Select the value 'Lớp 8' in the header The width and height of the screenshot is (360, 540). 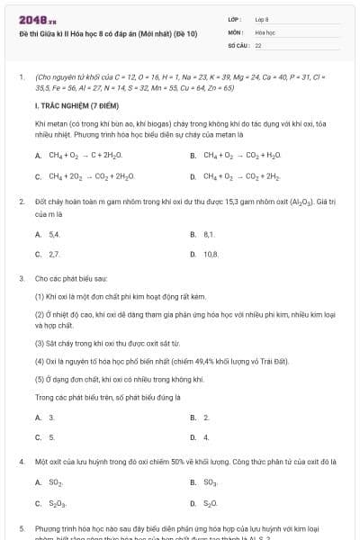click(262, 18)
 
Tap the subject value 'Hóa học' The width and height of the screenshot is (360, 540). click(265, 31)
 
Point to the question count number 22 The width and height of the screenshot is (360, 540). click(258, 44)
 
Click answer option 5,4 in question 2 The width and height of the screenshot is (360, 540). click(54, 234)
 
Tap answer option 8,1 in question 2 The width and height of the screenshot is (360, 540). click(209, 234)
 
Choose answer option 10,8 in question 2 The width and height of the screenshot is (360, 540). click(211, 255)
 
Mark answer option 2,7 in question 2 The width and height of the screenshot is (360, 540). click(54, 255)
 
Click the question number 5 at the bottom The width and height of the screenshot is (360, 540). click(21, 529)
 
